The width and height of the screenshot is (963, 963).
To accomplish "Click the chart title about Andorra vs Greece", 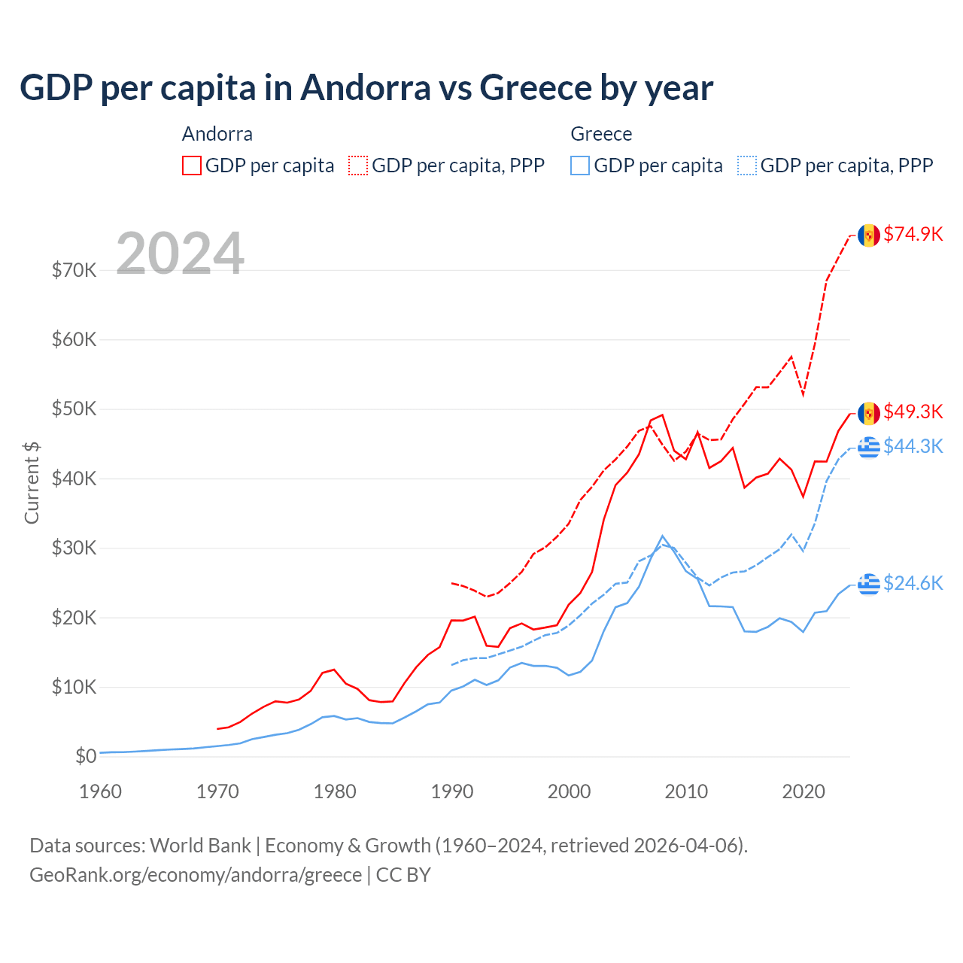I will (x=366, y=88).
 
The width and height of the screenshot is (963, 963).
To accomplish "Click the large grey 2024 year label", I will (x=180, y=254).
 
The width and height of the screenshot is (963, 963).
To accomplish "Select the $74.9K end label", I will (x=913, y=234).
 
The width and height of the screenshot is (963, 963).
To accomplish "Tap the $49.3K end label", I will (x=913, y=412).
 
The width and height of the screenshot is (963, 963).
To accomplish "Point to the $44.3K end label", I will (x=913, y=446).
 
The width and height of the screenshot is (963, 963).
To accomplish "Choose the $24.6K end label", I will (x=913, y=583).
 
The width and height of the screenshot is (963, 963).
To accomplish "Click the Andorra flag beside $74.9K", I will (x=869, y=235).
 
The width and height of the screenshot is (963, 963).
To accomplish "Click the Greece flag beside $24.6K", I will (x=869, y=584).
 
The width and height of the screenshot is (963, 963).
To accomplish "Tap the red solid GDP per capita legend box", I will (x=192, y=166).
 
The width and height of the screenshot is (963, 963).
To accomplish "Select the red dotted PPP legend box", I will (x=358, y=166).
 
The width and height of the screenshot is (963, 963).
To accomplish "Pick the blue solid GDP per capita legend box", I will (x=580, y=166).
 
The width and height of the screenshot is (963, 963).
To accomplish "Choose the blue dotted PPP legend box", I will (x=747, y=166).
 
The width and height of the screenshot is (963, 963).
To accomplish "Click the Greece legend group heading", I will (x=601, y=134).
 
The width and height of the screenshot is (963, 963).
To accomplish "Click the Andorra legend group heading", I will (x=217, y=134).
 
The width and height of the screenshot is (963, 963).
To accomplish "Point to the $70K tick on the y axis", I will (x=74, y=270).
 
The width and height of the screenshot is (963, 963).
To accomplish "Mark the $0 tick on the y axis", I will (x=85, y=756).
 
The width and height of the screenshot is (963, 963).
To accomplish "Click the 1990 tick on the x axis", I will (x=452, y=791).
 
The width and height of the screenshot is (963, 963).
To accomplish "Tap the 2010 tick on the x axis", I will (x=686, y=791).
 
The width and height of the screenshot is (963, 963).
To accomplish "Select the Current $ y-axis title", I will (x=32, y=482).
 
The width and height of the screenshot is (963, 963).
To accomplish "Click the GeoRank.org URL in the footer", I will (x=196, y=875).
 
